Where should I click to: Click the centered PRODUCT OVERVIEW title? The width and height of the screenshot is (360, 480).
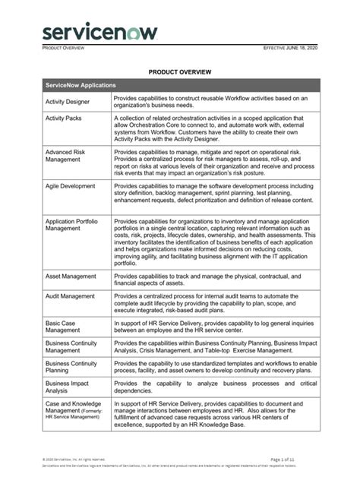[179, 72]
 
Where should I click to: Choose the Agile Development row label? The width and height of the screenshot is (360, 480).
[70, 185]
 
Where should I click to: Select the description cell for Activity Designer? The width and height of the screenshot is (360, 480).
[216, 103]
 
